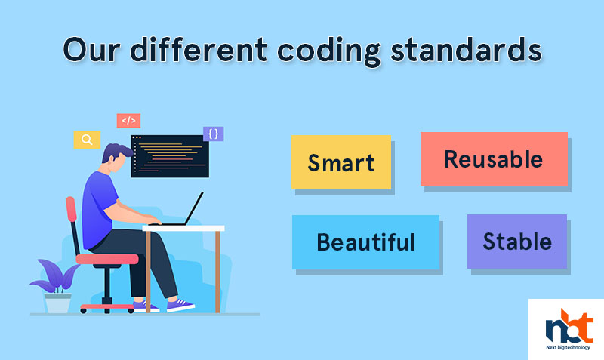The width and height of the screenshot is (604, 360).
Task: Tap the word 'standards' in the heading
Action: tap(466, 49)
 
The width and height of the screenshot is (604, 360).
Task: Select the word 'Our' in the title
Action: tap(91, 50)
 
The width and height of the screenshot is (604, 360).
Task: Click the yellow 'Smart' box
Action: tap(341, 162)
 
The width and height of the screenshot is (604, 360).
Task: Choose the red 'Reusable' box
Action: tap(494, 159)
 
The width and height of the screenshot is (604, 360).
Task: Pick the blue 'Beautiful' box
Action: tap(365, 242)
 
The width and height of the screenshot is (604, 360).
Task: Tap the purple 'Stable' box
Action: tap(517, 242)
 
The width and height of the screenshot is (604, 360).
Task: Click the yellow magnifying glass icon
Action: tap(87, 140)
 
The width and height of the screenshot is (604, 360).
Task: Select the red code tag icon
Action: tap(128, 121)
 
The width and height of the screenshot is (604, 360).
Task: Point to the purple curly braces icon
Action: tap(214, 134)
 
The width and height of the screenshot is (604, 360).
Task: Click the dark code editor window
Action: tap(170, 156)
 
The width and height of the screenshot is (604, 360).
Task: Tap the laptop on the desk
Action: tap(181, 210)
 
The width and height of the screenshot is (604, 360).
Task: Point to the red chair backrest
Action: tap(71, 209)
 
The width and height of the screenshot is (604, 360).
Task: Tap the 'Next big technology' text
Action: tap(568, 347)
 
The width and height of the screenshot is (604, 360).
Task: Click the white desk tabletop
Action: tap(183, 229)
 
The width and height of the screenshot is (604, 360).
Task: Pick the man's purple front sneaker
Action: tap(180, 306)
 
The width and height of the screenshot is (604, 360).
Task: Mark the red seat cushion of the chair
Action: tap(107, 259)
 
